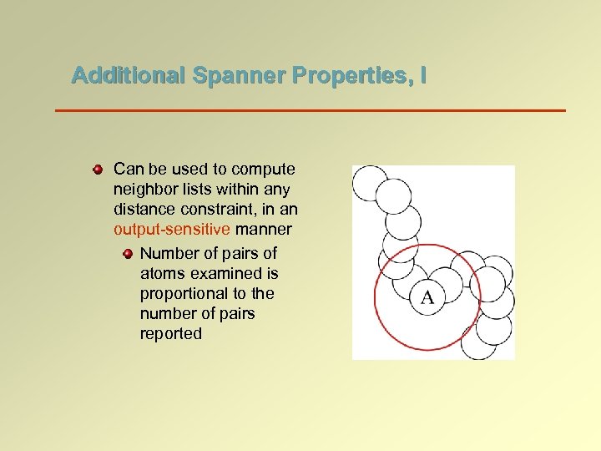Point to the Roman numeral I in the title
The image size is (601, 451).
(424, 76)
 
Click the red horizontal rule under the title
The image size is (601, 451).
(310, 110)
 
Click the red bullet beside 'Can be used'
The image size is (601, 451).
(98, 170)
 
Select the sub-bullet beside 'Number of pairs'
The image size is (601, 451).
(127, 253)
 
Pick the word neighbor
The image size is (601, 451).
(144, 190)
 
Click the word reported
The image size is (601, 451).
(171, 333)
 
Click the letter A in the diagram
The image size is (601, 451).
(427, 297)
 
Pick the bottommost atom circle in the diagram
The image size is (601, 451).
(479, 342)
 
